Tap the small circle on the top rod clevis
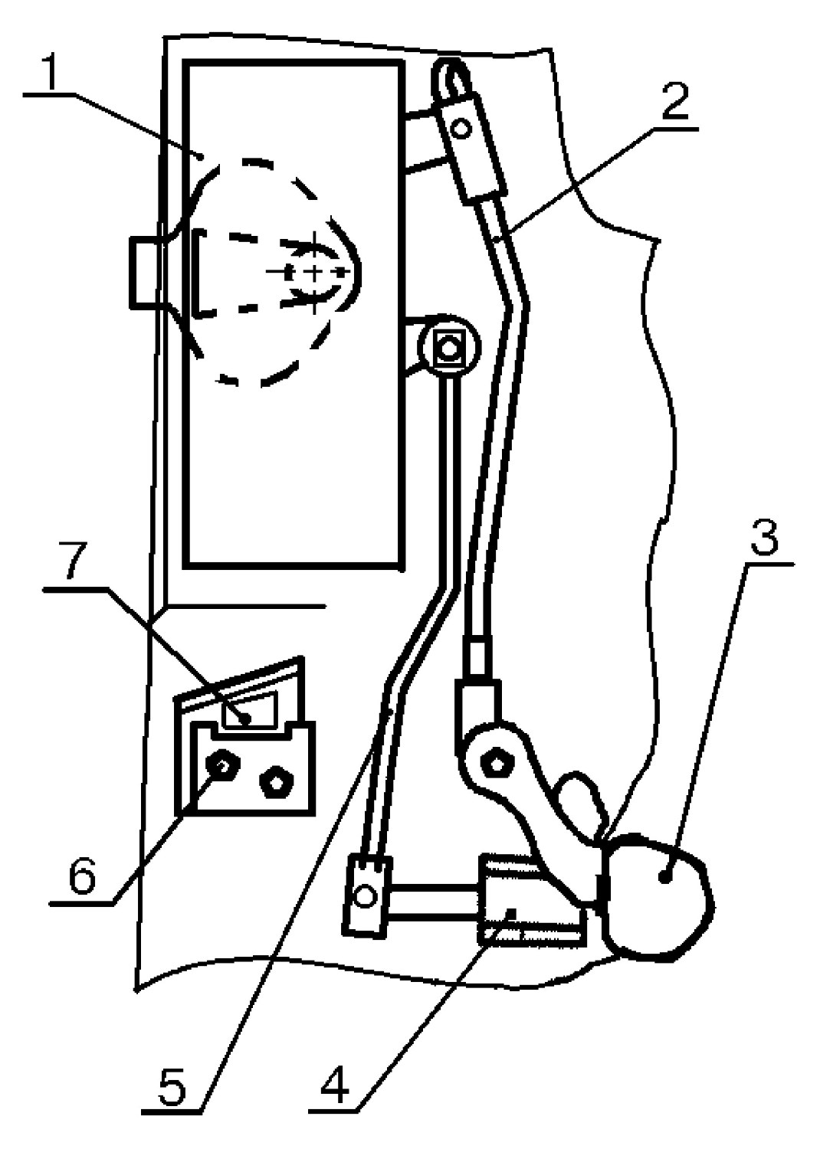point(461,128)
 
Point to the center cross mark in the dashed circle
point(314,271)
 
